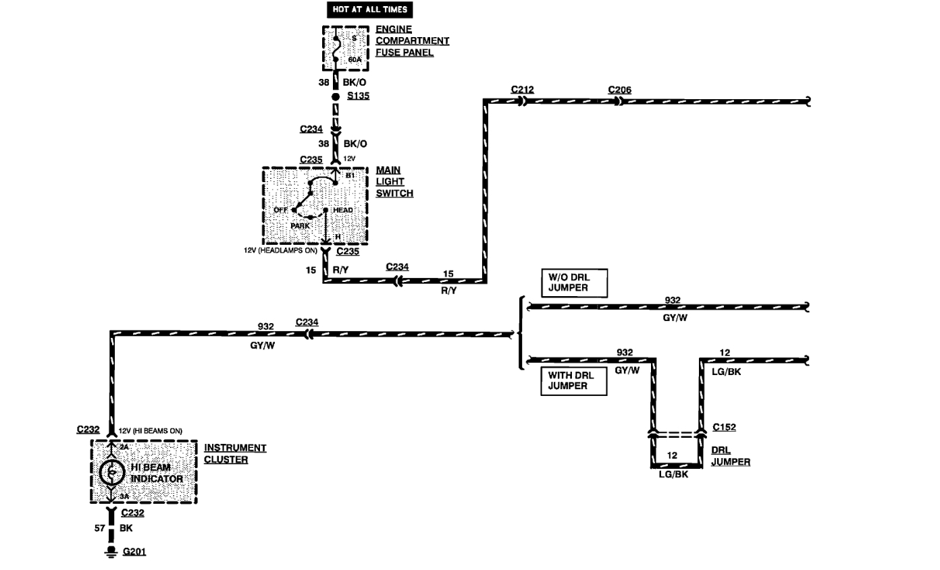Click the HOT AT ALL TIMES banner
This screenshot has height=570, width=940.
[369, 9]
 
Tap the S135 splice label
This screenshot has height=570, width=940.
[358, 96]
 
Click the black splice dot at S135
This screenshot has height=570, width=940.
[335, 96]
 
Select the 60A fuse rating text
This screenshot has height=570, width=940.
[355, 60]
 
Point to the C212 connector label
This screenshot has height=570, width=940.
[523, 90]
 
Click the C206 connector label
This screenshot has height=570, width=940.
[619, 90]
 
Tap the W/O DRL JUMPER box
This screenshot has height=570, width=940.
[574, 283]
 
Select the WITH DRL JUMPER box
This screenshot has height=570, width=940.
[568, 382]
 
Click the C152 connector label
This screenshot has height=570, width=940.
[724, 427]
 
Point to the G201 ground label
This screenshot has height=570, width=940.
[134, 552]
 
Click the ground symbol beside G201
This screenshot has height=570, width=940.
[108, 552]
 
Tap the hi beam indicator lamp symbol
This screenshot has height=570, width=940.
[110, 473]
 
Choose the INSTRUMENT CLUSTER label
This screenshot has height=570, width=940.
[235, 453]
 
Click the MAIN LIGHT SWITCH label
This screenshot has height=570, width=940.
[394, 182]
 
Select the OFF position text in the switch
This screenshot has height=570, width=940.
[280, 210]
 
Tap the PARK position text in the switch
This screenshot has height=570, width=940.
[300, 226]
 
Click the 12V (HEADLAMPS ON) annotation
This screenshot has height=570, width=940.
[280, 250]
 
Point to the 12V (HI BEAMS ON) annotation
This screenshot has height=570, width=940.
[150, 430]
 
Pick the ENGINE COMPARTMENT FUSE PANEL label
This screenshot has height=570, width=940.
[412, 41]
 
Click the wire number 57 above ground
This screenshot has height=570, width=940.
[99, 529]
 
